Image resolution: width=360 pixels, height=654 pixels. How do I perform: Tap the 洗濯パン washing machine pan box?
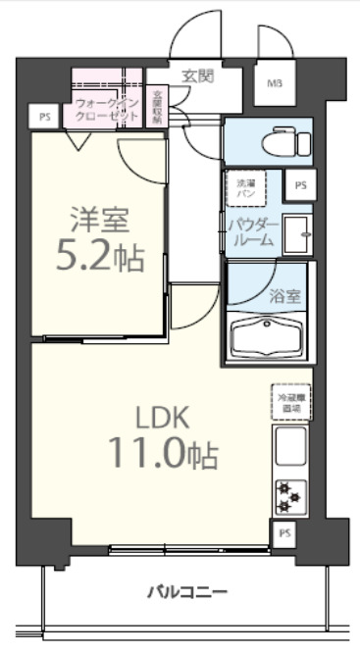pyautogui.click(x=243, y=188)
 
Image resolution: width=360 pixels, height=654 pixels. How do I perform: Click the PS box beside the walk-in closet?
pyautogui.click(x=44, y=117)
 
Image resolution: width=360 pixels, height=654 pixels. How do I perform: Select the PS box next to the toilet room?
pyautogui.click(x=299, y=183)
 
